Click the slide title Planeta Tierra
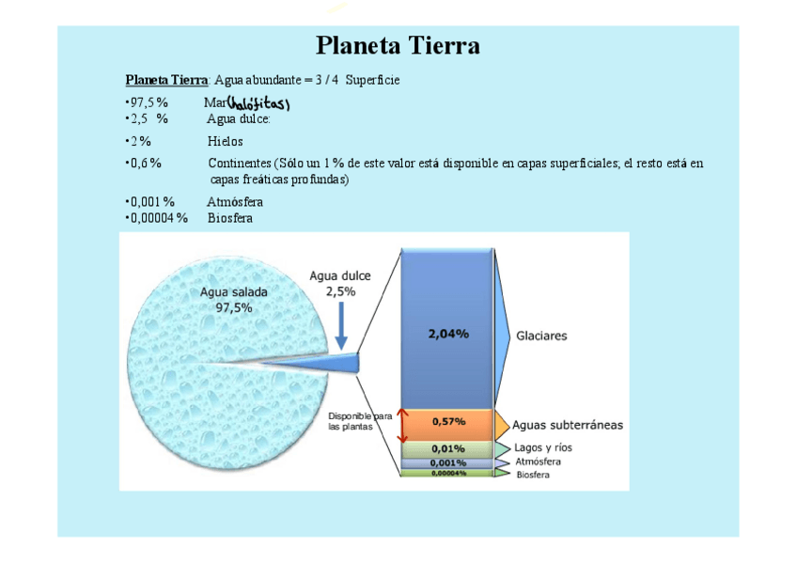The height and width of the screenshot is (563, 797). tap(398, 45)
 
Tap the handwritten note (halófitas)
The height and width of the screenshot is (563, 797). tap(259, 103)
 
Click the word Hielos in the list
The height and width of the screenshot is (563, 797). tap(226, 141)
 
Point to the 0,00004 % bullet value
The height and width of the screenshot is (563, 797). tap(158, 218)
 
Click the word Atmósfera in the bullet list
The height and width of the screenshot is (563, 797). tap(235, 202)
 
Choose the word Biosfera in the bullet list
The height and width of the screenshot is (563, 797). tap(230, 218)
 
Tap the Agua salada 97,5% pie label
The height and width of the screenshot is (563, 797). tap(227, 300)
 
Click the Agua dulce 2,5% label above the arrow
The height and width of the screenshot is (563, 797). tap(340, 284)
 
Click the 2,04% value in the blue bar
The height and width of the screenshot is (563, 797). tap(448, 334)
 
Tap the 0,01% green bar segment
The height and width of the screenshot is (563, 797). tap(448, 448)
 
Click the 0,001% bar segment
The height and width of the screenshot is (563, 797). tap(448, 462)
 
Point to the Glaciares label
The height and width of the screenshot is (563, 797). tap(542, 335)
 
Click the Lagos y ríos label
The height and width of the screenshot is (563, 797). tap(543, 447)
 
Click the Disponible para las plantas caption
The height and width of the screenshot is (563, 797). tap(359, 421)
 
